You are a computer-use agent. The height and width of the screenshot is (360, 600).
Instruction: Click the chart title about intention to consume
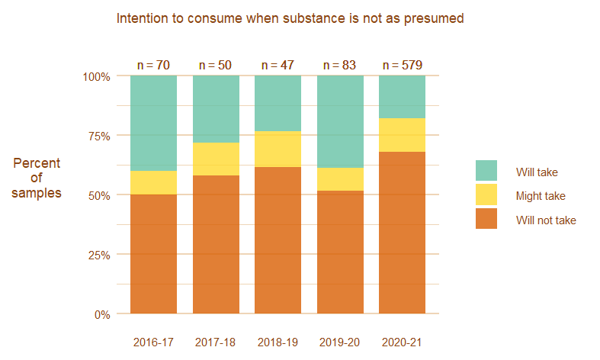click(x=290, y=18)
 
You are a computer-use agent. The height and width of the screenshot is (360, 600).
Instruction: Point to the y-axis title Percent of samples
click(x=37, y=178)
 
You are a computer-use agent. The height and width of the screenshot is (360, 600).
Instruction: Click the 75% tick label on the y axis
click(x=96, y=136)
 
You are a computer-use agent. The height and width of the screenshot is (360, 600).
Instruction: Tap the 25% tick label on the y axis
click(x=96, y=255)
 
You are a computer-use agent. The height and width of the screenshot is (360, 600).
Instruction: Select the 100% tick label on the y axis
click(x=95, y=76)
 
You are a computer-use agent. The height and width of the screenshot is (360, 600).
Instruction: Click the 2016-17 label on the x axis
click(x=153, y=342)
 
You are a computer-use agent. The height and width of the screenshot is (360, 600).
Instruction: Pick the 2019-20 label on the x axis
click(x=340, y=342)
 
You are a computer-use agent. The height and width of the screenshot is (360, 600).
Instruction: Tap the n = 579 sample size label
click(x=402, y=66)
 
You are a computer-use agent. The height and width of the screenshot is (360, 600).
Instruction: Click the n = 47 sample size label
click(x=278, y=66)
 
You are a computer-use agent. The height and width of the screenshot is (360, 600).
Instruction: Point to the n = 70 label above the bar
click(x=153, y=66)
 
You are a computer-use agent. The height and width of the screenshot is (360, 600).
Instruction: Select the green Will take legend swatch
click(x=486, y=171)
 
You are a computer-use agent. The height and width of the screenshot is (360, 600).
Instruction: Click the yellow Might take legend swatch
click(x=486, y=195)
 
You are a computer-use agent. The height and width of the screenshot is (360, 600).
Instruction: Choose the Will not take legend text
click(x=546, y=220)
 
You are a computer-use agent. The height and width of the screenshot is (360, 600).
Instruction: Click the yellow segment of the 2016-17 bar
click(x=153, y=182)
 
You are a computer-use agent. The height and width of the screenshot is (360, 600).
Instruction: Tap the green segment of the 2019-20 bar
click(x=340, y=122)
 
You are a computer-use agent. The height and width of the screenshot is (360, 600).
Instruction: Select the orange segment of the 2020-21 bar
click(x=402, y=233)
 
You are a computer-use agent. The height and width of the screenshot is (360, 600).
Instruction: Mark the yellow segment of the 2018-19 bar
click(x=278, y=149)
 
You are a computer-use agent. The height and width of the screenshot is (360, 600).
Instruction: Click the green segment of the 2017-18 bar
click(x=216, y=109)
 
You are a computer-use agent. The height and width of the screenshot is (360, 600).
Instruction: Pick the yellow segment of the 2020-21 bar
click(x=402, y=135)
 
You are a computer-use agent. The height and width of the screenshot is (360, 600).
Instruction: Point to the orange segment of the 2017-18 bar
click(x=216, y=244)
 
